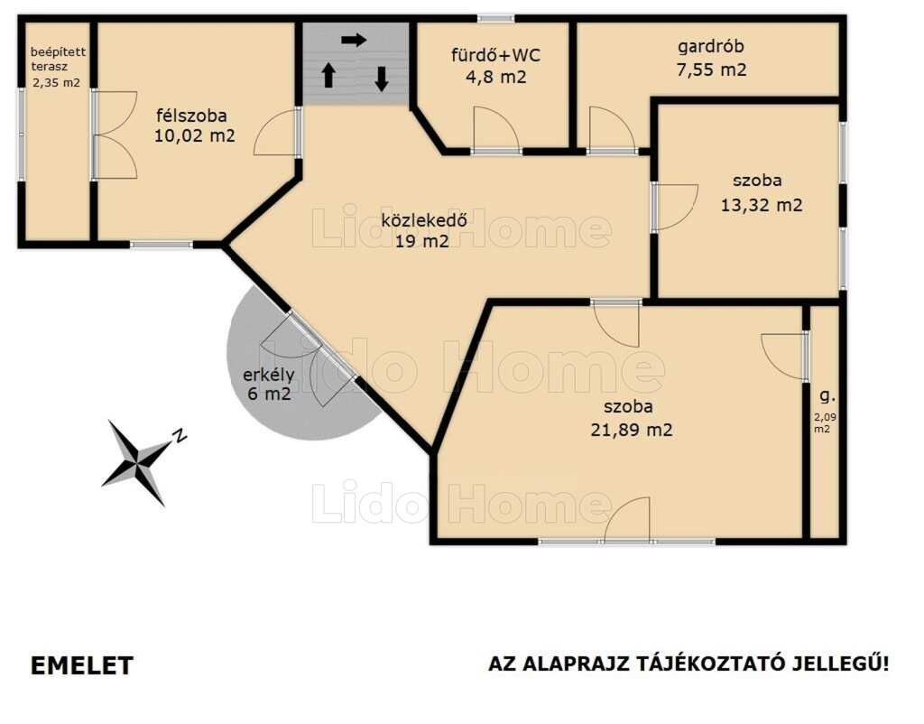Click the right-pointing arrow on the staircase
coord(354,40)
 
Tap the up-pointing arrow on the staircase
coord(328,76)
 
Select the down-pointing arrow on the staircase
coord(382,79)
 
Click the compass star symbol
coord(138,462)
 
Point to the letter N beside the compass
coord(180,436)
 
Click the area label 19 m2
coord(422,240)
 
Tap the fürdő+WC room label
coord(495,55)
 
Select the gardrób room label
coord(711,47)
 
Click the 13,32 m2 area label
coord(762,205)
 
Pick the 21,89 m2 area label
coord(631,430)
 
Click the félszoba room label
coord(191,115)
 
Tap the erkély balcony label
coord(269,375)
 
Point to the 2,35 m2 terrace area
coord(56,82)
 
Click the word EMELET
coord(82,665)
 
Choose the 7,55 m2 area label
coord(711,70)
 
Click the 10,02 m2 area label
coord(195,135)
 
